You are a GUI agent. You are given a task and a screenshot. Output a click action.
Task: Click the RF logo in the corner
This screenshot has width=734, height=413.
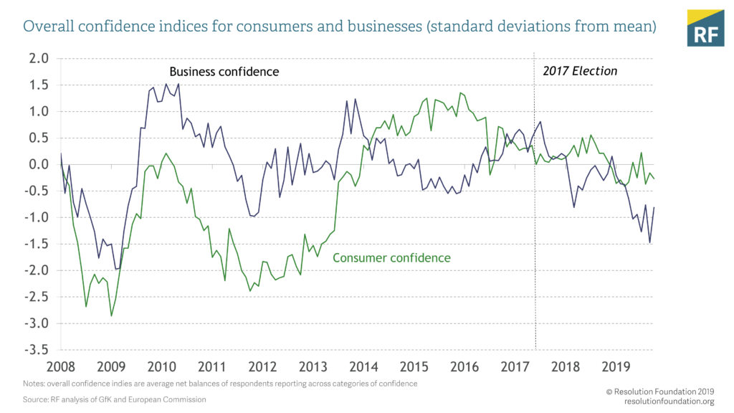pyautogui.click(x=705, y=28)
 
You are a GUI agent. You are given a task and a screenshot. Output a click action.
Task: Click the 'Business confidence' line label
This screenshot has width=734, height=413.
pyautogui.click(x=224, y=72)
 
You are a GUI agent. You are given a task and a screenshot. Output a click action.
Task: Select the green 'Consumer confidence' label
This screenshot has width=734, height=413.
pyautogui.click(x=392, y=257)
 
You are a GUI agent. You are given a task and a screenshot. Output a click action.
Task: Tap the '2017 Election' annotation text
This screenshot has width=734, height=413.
pyautogui.click(x=580, y=71)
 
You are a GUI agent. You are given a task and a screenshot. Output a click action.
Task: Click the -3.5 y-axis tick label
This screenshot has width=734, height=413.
pyautogui.click(x=37, y=350)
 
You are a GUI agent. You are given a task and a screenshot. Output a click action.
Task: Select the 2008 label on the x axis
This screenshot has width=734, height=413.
pyautogui.click(x=60, y=366)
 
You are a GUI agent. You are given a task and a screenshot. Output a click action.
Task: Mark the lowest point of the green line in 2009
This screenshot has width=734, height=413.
pyautogui.click(x=111, y=315)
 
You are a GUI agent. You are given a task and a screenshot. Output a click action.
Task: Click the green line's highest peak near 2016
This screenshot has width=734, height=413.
pyautogui.click(x=460, y=92)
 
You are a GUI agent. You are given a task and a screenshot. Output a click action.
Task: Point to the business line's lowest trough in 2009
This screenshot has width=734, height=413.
pyautogui.click(x=116, y=270)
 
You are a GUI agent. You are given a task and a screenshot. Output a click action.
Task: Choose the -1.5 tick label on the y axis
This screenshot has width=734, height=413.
pyautogui.click(x=37, y=244)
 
